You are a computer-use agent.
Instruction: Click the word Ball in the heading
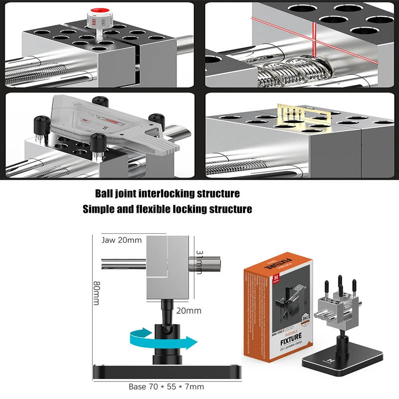pyautogui.click(x=107, y=194)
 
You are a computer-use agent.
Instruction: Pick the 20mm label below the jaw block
pyautogui.click(x=189, y=311)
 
